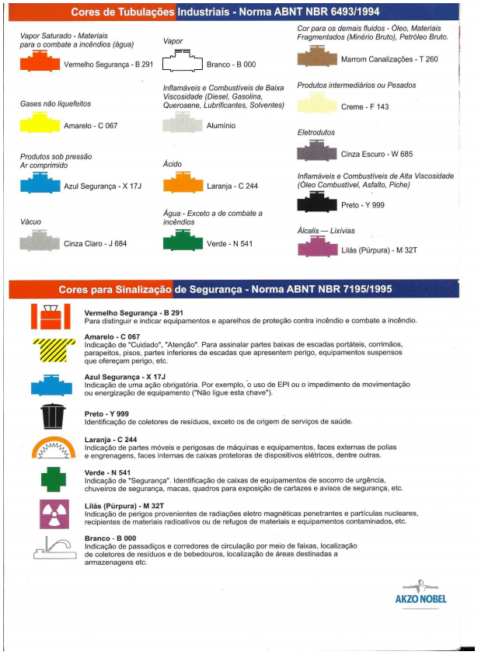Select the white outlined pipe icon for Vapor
point(182,63)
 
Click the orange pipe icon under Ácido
point(183,183)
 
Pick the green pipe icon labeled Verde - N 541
point(183,242)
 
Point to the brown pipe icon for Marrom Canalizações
point(318,58)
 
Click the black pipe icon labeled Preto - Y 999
point(318,204)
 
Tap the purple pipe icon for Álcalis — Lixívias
point(318,248)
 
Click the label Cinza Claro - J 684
point(95,243)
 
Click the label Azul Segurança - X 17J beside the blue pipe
point(101,186)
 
